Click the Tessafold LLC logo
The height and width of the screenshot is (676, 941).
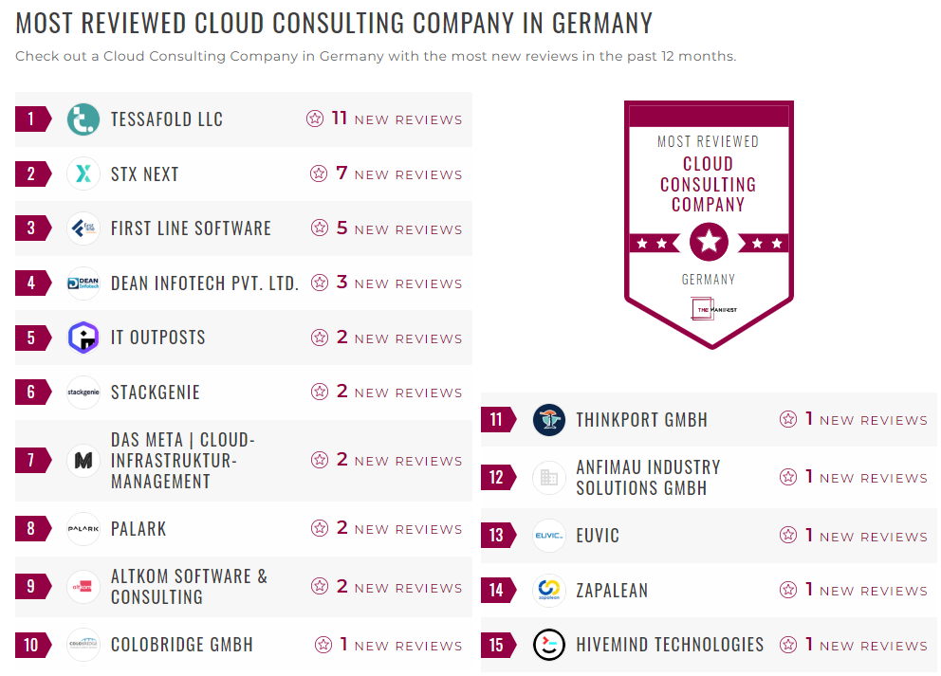pos(83,119)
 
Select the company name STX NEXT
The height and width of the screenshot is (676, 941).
pos(144,174)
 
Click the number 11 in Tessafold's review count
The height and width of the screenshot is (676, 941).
pos(340,119)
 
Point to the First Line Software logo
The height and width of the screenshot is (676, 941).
pos(83,228)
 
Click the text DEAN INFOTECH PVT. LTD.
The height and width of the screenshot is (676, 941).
pos(205,283)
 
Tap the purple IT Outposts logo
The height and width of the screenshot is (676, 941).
pos(83,338)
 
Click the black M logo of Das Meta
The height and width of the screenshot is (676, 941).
pos(83,461)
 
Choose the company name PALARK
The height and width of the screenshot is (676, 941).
pos(138,529)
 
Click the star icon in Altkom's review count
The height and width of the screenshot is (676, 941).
pos(320,587)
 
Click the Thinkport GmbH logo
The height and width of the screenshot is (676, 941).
pos(548,420)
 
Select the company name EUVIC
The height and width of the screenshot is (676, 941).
pos(598,536)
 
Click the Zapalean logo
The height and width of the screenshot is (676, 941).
pos(548,590)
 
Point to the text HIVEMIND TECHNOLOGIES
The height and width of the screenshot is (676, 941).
pos(670,645)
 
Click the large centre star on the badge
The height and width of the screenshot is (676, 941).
pos(709,243)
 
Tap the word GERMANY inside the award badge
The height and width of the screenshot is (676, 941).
pos(709,280)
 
